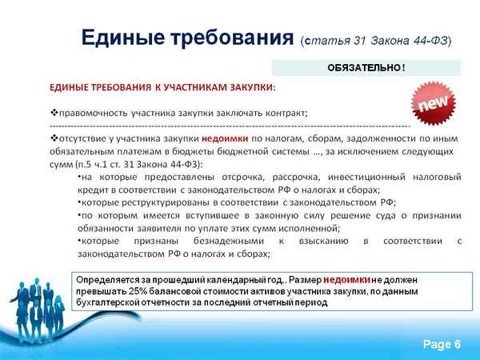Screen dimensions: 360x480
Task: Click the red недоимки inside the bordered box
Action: pyautogui.click(x=347, y=281)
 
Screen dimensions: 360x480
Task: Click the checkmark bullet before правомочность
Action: pyautogui.click(x=54, y=112)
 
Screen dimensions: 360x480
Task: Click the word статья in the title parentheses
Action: pyautogui.click(x=327, y=40)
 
